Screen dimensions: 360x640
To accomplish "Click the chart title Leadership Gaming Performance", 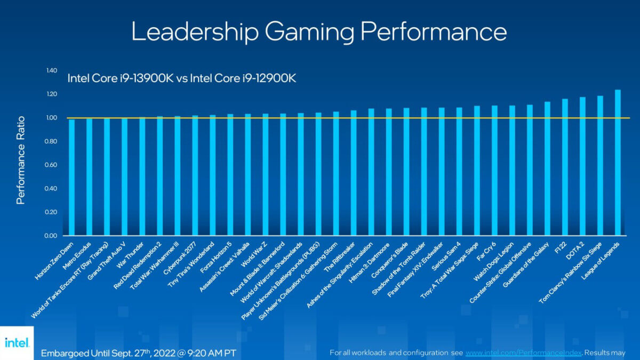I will tap(319, 32).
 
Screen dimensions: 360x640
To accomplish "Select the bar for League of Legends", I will tap(618, 163).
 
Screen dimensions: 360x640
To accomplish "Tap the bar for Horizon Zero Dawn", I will tap(71, 177).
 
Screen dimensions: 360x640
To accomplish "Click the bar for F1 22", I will tap(565, 167).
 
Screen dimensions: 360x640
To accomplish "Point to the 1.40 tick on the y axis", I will tap(51, 70).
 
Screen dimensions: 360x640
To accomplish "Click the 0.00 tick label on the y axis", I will tap(51, 236).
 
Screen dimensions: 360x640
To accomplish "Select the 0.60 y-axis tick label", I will tap(51, 165).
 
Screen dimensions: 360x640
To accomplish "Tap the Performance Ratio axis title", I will tap(21, 159).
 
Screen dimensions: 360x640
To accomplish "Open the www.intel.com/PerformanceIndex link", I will tap(522, 353).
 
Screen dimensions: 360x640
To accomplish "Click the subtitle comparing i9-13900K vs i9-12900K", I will tap(181, 78).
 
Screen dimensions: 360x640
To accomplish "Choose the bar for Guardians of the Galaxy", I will tap(547, 169).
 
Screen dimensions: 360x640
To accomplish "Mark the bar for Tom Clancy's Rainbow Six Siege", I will tap(600, 166).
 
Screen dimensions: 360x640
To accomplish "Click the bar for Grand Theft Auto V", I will tap(124, 177).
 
